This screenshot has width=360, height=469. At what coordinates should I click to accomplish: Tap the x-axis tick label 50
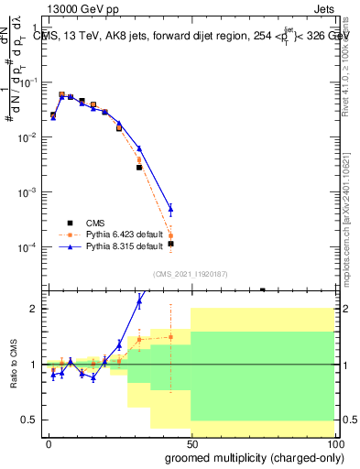[x=191, y=442]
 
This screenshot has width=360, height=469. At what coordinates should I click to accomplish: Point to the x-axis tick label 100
[x=332, y=442]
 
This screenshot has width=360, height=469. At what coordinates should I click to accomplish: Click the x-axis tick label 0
[x=49, y=442]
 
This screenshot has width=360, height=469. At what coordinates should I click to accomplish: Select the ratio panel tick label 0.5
[x=30, y=420]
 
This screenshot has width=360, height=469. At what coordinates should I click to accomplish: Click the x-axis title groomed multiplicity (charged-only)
[x=254, y=456]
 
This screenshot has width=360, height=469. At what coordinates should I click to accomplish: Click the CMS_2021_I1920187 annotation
[x=190, y=274]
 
